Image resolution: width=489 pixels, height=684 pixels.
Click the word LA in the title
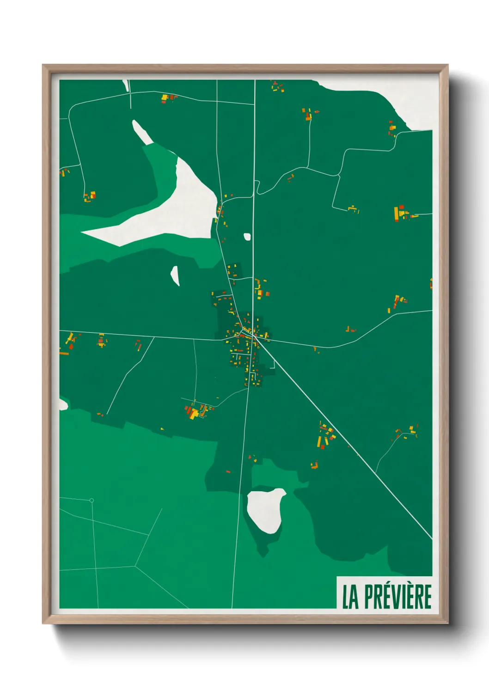coord(350,597)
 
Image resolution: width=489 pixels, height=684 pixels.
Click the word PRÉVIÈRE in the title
coord(397,597)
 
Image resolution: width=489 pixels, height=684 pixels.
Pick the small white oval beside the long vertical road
coord(247,237)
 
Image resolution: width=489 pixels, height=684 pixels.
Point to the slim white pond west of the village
coord(175,275)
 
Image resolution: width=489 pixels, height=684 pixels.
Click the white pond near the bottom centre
coord(265,510)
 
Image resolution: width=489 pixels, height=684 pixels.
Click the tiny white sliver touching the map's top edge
coord(125,85)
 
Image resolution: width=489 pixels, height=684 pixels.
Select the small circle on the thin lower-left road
coord(92,501)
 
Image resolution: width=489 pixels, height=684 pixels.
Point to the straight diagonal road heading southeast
coord(347,439)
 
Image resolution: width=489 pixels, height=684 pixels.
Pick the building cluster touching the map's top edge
coord(277,86)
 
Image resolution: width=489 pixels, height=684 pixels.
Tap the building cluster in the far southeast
coord(407,432)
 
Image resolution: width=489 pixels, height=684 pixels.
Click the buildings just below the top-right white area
coord(392,128)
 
